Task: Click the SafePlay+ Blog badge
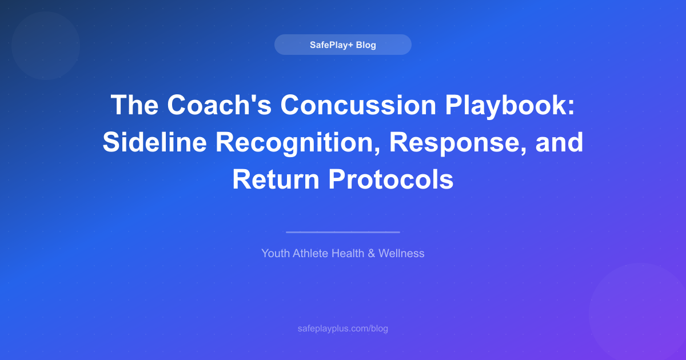[x=342, y=45]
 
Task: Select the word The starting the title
[x=133, y=105]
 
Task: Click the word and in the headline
[x=559, y=142]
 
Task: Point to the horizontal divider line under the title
[x=343, y=232]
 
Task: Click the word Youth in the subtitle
[x=276, y=253]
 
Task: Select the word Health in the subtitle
[x=348, y=253]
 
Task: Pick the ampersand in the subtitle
[x=372, y=253]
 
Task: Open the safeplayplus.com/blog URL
[x=343, y=329]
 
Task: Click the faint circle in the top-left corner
[x=45, y=45]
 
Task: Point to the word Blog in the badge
[x=366, y=45]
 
